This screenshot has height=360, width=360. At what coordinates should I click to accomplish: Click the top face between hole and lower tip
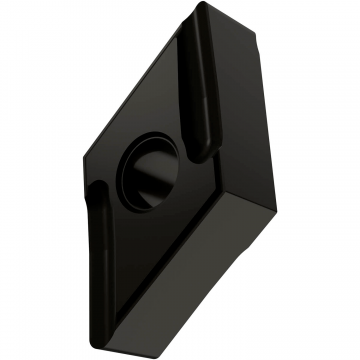coord(145,250)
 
